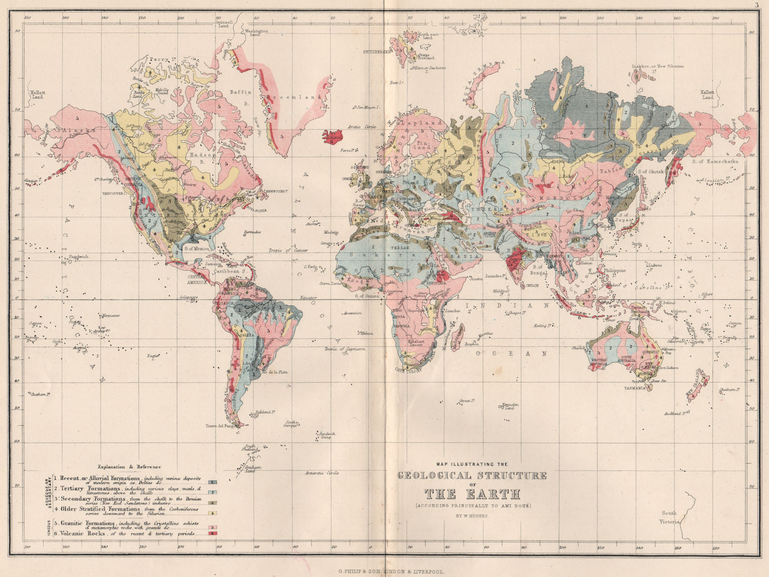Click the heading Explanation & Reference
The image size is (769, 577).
pyautogui.click(x=129, y=467)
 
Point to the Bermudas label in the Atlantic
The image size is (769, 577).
pyautogui.click(x=253, y=232)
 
